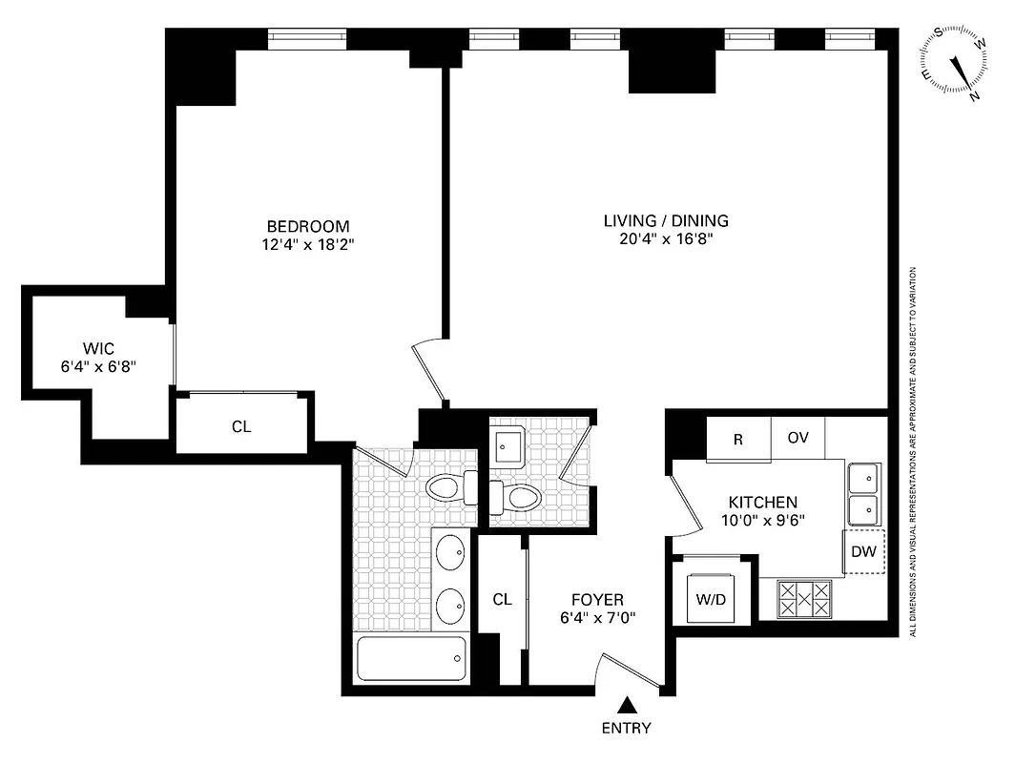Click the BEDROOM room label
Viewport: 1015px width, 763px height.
[x=307, y=226]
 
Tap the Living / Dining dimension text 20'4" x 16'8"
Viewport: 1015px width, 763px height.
[x=666, y=239]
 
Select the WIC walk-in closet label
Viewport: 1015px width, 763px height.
[x=96, y=348]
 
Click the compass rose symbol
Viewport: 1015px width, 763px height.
[x=955, y=61]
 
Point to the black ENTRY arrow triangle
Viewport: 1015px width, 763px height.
[x=627, y=705]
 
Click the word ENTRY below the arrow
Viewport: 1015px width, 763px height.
[x=627, y=728]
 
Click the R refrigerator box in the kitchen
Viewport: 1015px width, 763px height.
[x=737, y=439]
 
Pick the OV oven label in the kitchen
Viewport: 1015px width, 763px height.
[x=798, y=439]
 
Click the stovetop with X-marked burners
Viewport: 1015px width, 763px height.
[x=803, y=600]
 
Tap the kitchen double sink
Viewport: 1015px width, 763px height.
[x=864, y=492]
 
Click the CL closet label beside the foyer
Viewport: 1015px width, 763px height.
[x=502, y=600]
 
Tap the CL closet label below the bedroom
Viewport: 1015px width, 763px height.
[x=241, y=426]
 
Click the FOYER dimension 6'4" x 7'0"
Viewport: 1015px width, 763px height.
[x=597, y=617]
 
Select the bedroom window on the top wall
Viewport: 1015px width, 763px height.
[x=306, y=37]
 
